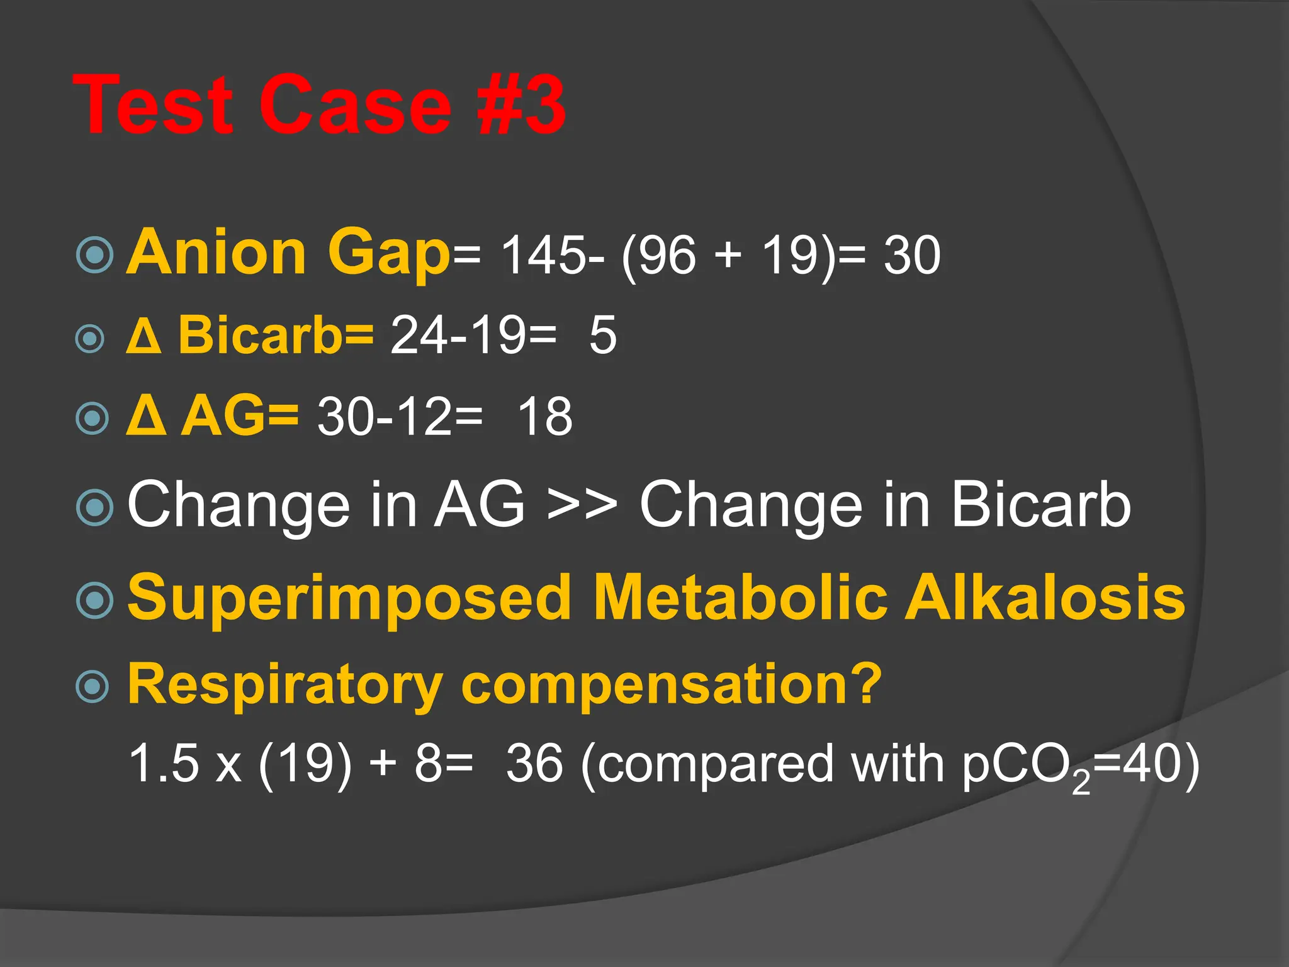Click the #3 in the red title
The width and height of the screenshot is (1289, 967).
click(x=521, y=105)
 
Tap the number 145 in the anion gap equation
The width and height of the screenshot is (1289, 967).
click(x=545, y=256)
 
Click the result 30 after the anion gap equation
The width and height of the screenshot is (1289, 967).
click(x=912, y=256)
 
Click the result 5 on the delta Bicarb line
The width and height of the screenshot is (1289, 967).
click(x=603, y=335)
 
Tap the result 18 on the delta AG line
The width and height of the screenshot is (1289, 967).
click(x=545, y=417)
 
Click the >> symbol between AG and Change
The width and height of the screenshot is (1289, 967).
click(x=582, y=505)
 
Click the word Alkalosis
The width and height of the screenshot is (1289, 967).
click(x=1045, y=597)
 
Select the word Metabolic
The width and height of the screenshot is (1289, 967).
click(x=740, y=597)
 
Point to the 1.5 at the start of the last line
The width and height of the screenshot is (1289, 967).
click(x=164, y=764)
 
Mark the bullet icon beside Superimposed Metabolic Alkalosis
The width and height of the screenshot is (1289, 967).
click(x=94, y=600)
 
